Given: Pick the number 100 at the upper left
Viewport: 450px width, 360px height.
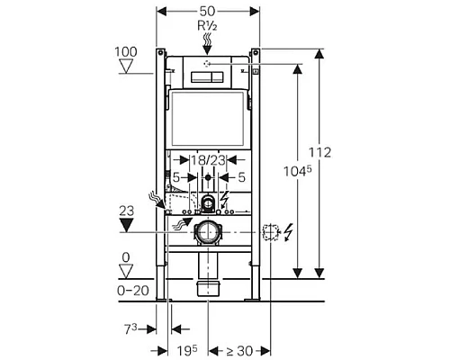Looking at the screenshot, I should coord(126,53).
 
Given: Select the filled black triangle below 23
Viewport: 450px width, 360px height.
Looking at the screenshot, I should coord(125,223).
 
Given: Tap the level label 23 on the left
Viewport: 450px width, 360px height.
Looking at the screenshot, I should coord(126,208).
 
